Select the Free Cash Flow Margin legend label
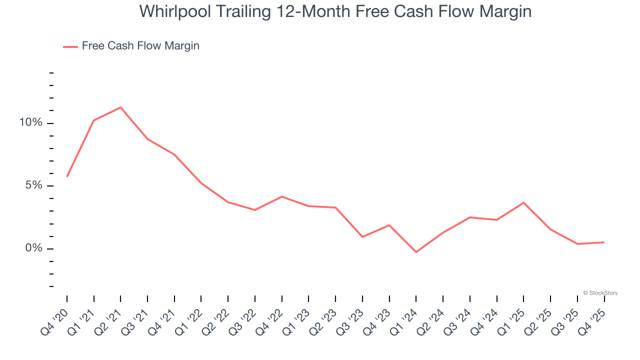point(140,46)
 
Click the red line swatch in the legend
point(70,46)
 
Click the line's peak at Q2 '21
point(120,107)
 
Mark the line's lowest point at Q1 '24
point(416,252)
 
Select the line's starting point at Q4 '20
point(67,176)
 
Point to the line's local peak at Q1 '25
point(523,202)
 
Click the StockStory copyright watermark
point(600,293)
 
